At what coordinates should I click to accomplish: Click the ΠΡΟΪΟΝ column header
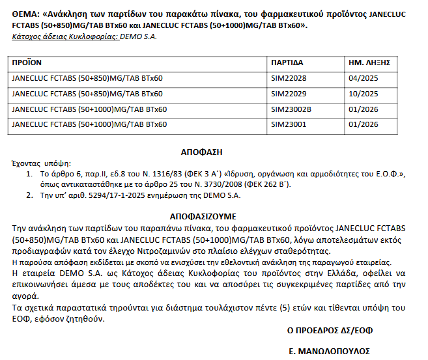(x=27, y=63)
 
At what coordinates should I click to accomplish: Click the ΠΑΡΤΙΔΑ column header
(x=287, y=63)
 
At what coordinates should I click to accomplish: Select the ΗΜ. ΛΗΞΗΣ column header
(x=369, y=63)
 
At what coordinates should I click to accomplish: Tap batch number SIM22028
(x=289, y=79)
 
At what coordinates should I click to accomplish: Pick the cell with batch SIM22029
(x=289, y=94)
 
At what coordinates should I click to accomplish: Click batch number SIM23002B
(x=291, y=109)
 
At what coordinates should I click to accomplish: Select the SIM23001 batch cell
(x=289, y=124)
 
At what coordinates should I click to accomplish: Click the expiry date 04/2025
(x=364, y=79)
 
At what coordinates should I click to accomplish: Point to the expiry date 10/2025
(x=364, y=94)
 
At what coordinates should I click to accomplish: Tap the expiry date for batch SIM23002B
(x=364, y=109)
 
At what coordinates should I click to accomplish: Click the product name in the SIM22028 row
(x=87, y=79)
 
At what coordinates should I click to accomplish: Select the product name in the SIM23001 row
(x=89, y=124)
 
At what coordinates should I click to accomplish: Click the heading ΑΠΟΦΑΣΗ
(x=201, y=152)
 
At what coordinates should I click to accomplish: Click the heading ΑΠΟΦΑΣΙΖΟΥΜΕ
(x=203, y=215)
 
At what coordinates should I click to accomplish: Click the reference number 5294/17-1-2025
(x=111, y=195)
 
